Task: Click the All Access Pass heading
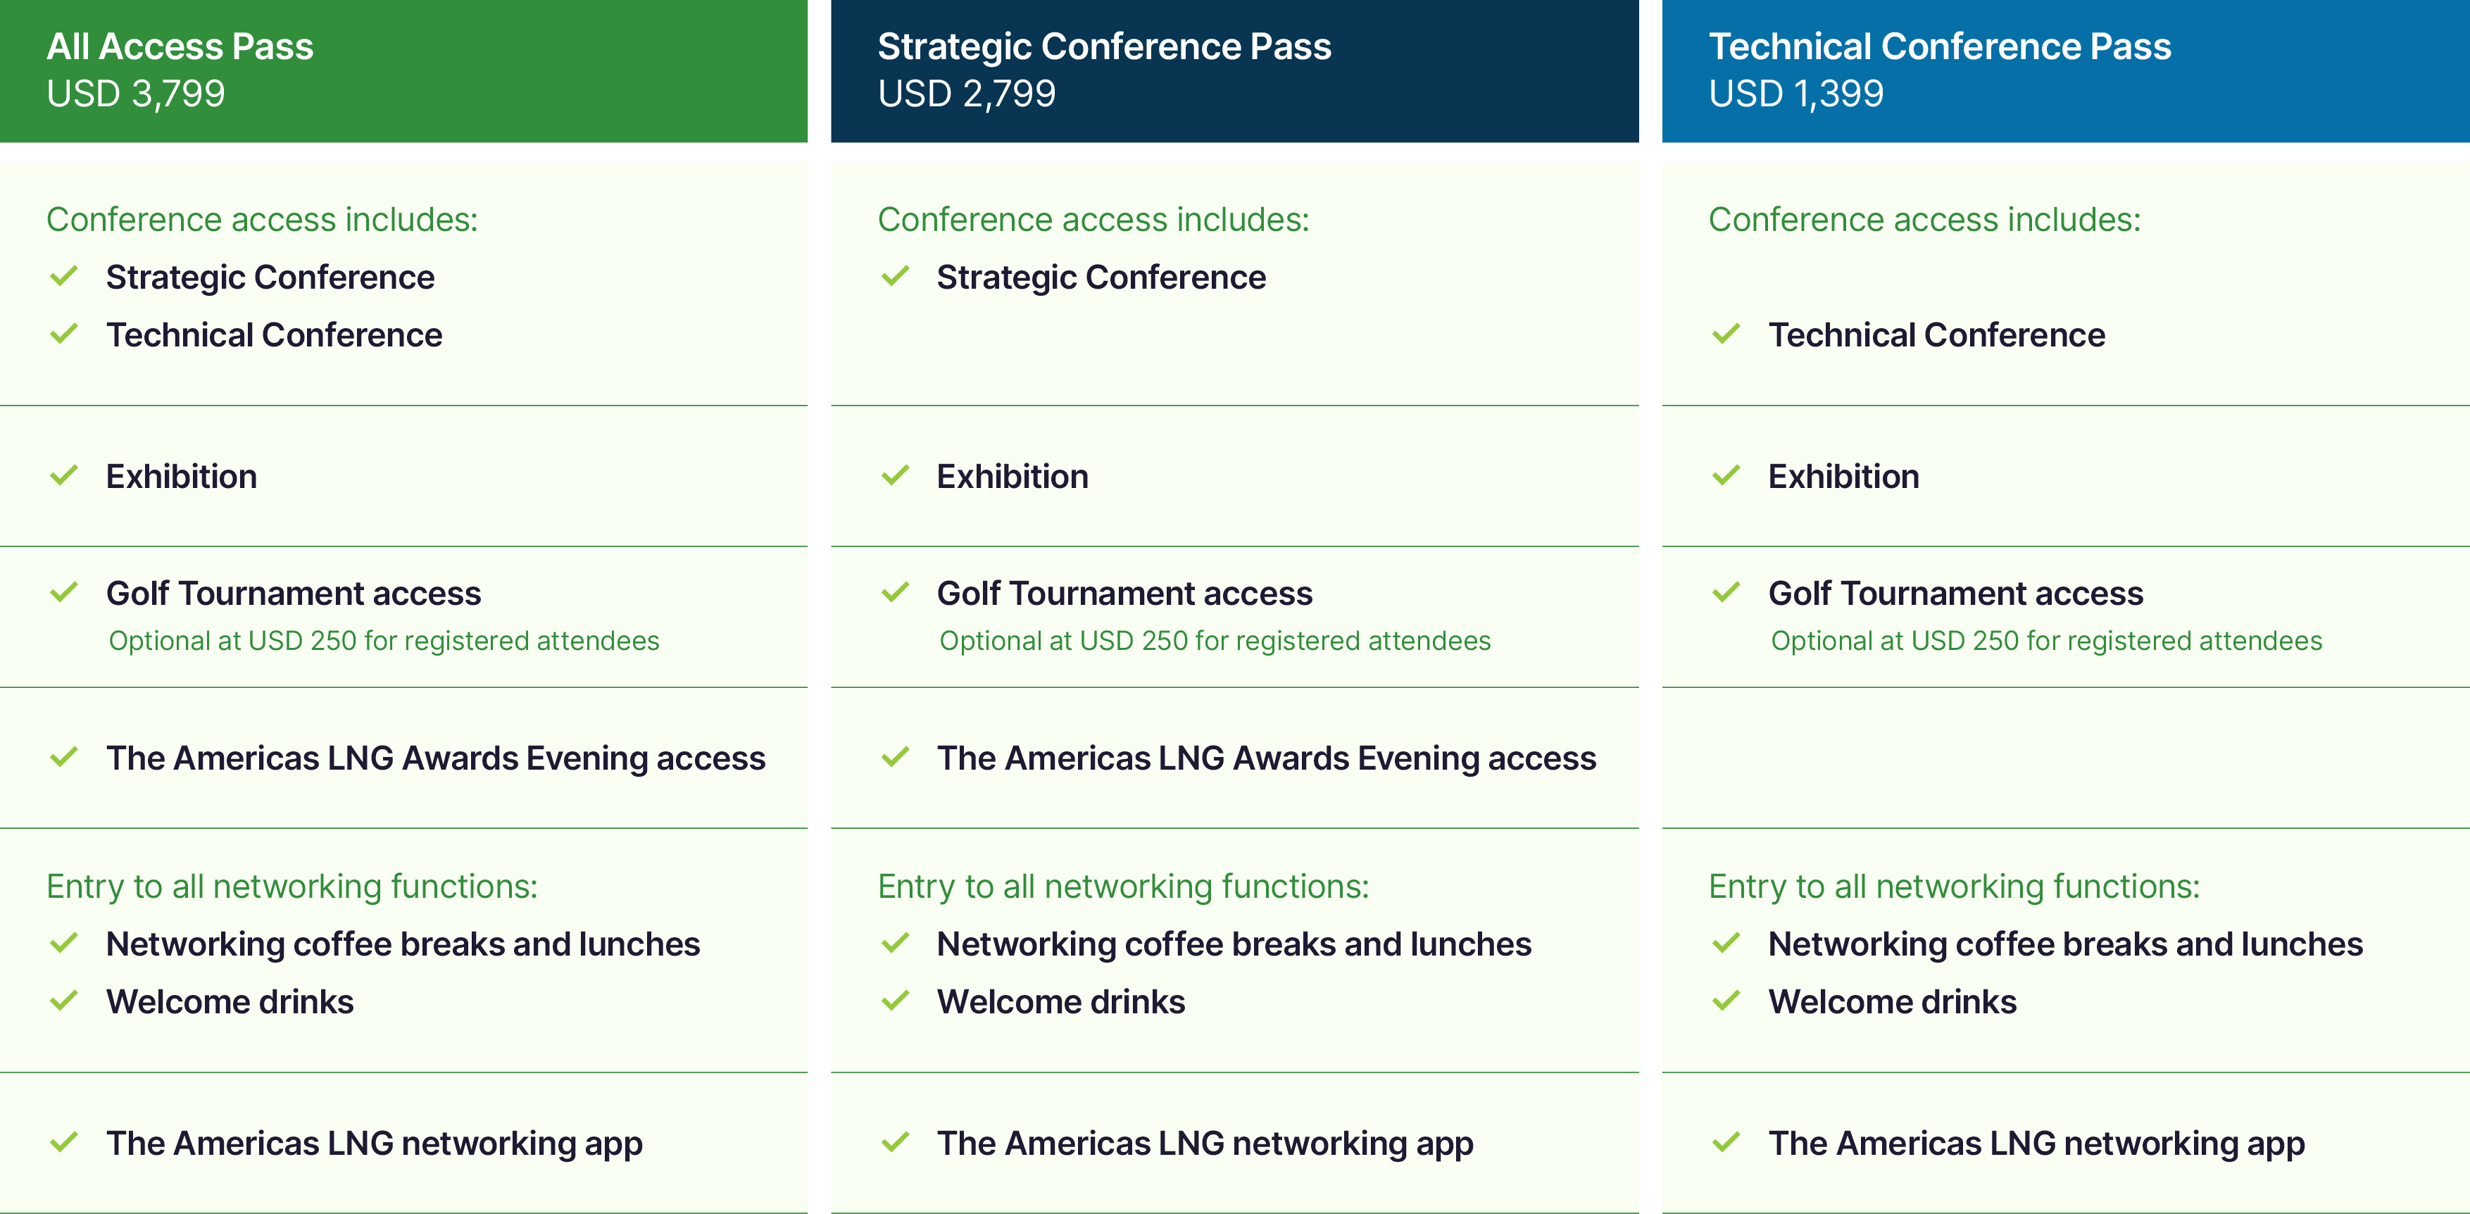180,46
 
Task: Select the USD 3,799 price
135,94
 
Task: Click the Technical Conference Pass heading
1939,46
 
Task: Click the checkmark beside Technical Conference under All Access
64,334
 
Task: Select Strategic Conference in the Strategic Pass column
1101,277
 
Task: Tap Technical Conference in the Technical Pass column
1936,334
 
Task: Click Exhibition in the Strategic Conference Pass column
1012,477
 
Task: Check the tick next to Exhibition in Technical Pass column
1726,475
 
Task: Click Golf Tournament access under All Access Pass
294,594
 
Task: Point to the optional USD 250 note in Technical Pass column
2046,641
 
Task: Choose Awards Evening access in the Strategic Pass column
1266,758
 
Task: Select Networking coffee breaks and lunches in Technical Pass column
2065,944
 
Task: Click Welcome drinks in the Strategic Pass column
1060,1002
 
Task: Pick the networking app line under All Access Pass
374,1143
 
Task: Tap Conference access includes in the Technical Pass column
1924,220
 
